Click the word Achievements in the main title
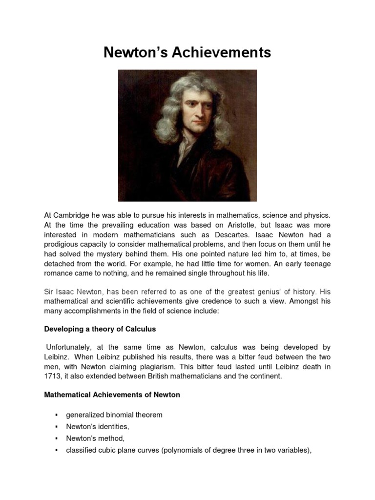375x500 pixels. pyautogui.click(x=219, y=52)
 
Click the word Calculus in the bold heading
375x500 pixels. pyautogui.click(x=138, y=330)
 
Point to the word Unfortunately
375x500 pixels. pyautogui.click(x=67, y=347)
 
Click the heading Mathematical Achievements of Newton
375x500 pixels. pyautogui.click(x=112, y=395)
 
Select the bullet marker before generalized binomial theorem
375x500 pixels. pyautogui.click(x=57, y=415)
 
